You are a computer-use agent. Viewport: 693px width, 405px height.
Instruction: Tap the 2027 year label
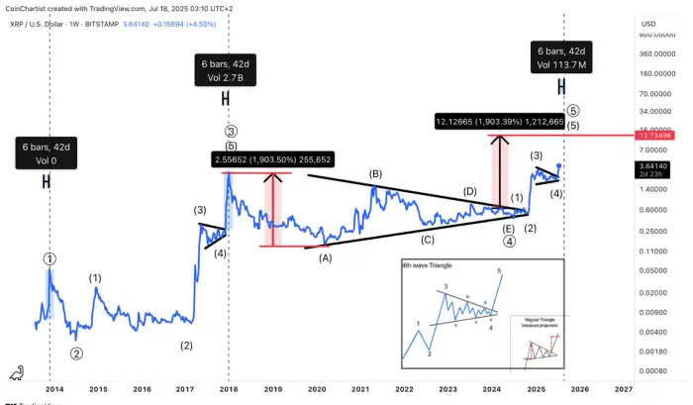[624, 390]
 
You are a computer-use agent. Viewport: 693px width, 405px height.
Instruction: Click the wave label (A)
[324, 257]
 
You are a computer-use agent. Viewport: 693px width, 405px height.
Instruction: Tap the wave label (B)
[376, 174]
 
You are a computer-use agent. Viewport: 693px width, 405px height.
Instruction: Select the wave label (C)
[427, 239]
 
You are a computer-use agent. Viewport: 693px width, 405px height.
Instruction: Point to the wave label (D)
[471, 190]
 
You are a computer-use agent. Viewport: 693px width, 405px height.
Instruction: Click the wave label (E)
[509, 228]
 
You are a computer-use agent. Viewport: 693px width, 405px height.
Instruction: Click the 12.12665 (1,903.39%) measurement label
[499, 122]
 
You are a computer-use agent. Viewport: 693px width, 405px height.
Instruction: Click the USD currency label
[649, 23]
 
